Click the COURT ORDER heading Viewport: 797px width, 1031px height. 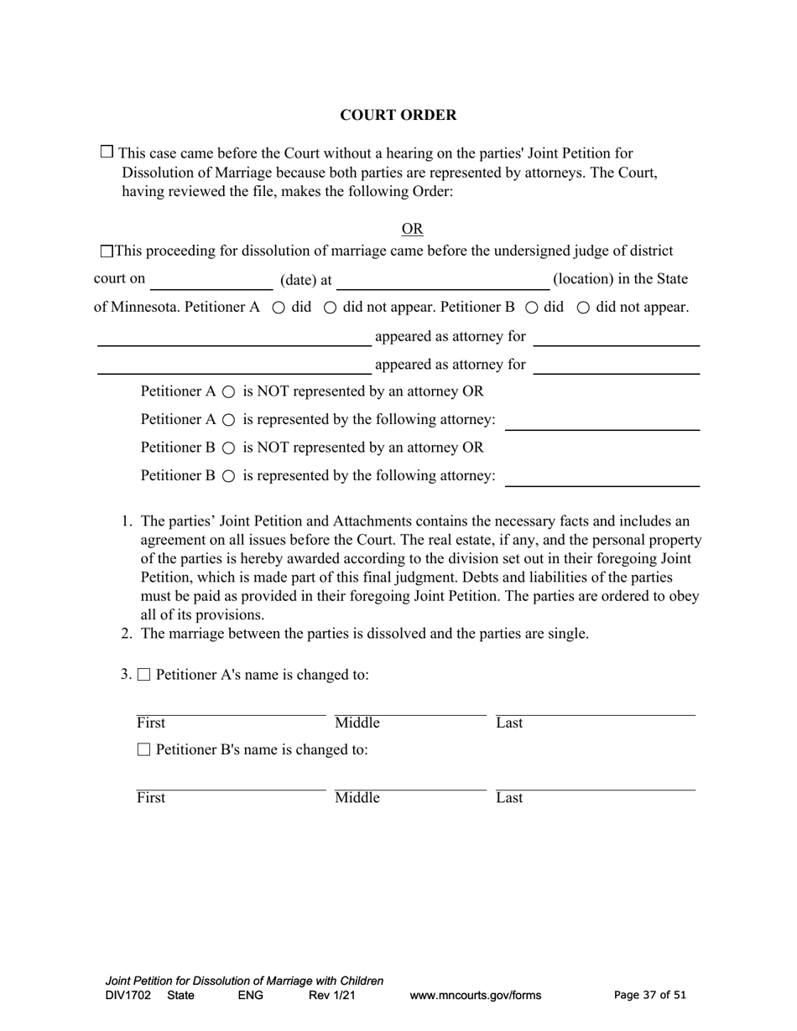coord(398,116)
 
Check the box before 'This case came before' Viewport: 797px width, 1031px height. coord(107,152)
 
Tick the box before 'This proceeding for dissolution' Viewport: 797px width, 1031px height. coord(106,251)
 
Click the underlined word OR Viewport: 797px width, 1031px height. coord(412,229)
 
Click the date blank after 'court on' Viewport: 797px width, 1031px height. coord(211,281)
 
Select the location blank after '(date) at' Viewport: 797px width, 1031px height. coord(442,281)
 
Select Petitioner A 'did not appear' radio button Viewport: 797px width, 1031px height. coord(330,308)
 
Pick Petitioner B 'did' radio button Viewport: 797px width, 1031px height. coord(531,308)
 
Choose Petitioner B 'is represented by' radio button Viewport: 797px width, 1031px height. coord(229,476)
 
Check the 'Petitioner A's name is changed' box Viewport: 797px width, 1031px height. coord(143,676)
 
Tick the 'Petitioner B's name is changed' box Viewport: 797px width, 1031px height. coord(143,749)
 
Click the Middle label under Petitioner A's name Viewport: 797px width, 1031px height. coord(357,723)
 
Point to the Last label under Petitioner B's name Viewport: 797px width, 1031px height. coord(509,798)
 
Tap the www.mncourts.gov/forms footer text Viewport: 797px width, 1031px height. coord(475,996)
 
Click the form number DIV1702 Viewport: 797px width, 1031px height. coord(128,996)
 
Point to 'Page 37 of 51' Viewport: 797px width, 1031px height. coord(650,996)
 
